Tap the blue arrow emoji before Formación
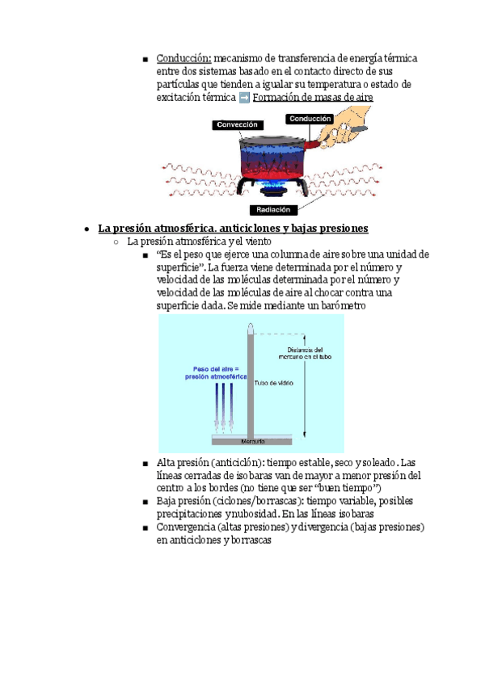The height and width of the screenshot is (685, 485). coord(245,98)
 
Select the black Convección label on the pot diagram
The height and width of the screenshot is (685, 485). coord(238,125)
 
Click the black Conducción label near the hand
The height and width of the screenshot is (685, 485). coord(310,119)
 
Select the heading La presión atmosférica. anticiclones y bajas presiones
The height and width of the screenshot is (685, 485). coord(233,228)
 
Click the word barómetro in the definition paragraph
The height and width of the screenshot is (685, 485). coord(339,305)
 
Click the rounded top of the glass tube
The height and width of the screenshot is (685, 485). coord(251,328)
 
